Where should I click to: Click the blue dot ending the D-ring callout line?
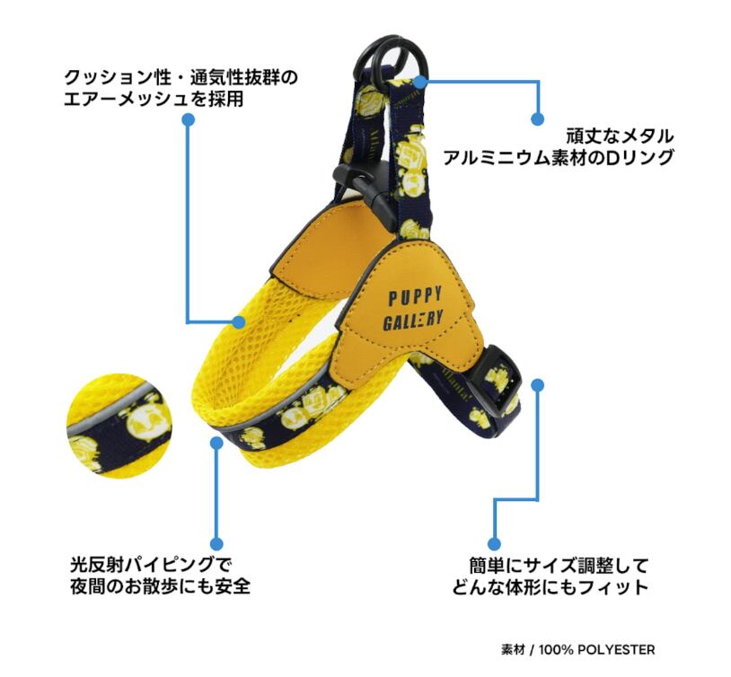537,118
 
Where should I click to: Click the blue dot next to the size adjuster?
537,385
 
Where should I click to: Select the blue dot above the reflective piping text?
216,542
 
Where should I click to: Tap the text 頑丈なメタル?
620,136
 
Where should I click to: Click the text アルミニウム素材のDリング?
559,159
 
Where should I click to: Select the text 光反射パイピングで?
150,566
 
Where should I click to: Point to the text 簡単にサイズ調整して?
559,567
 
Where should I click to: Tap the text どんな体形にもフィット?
550,589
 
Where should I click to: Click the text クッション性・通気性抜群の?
181,78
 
